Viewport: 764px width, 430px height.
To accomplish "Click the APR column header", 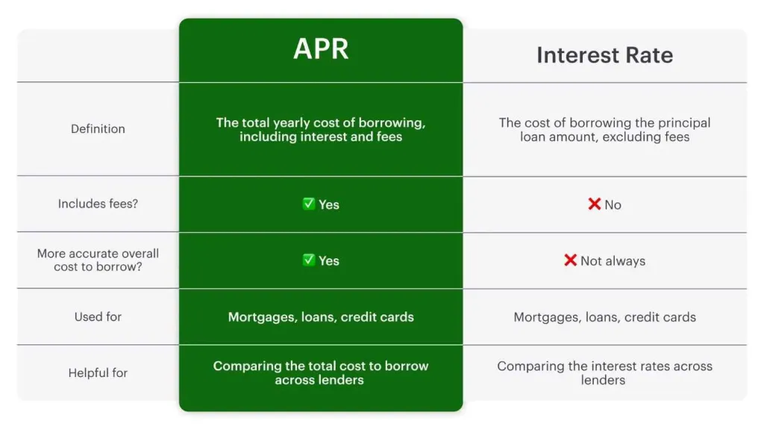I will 321,49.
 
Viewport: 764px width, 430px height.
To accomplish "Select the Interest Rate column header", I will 604,55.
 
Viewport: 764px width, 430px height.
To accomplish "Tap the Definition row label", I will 98,129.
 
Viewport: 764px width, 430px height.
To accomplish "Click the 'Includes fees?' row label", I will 98,204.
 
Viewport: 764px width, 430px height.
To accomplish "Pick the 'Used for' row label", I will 98,317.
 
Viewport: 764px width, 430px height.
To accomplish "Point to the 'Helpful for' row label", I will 98,373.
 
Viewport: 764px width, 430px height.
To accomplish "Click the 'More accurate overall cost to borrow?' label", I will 98,261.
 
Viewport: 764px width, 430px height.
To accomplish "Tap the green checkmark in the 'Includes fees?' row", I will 308,204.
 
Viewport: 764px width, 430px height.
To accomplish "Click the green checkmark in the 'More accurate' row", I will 308,260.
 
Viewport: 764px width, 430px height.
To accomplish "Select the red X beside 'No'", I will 595,204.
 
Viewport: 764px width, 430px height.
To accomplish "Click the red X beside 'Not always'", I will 571,260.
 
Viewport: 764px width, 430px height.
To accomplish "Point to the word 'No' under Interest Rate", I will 613,205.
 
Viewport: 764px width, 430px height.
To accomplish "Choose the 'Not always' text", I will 613,261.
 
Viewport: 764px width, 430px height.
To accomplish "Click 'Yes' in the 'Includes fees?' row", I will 329,205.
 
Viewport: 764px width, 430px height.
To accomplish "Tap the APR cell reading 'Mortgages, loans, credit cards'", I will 321,317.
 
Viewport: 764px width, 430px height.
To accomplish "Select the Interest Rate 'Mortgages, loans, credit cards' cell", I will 604,317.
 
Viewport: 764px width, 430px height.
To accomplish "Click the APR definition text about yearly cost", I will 321,129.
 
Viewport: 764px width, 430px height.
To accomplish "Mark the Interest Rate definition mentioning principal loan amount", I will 604,129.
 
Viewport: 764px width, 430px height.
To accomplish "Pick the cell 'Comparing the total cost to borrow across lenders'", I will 321,373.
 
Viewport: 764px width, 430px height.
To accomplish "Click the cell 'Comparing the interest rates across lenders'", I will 604,373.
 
